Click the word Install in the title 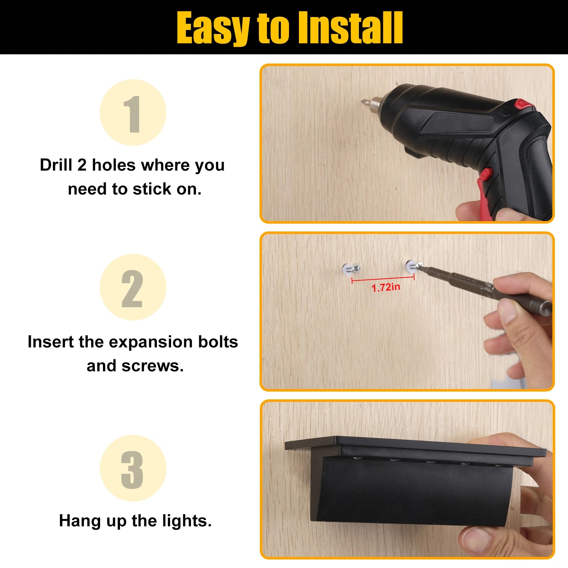pyautogui.click(x=350, y=28)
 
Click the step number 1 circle pyautogui.click(x=133, y=113)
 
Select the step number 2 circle pyautogui.click(x=133, y=287)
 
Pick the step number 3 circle pyautogui.click(x=133, y=468)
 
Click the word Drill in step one pyautogui.click(x=56, y=165)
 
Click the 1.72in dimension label pyautogui.click(x=386, y=287)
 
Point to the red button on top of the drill pyautogui.click(x=525, y=104)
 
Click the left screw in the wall pyautogui.click(x=352, y=269)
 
